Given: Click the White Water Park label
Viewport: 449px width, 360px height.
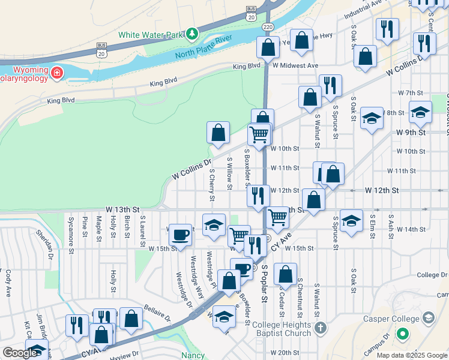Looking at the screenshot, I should [x=149, y=34].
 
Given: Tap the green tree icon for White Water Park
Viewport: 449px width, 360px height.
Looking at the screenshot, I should [x=191, y=34].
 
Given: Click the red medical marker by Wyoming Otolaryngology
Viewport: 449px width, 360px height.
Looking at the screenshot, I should [x=57, y=74].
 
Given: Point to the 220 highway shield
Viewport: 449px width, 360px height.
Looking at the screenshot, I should [x=269, y=27].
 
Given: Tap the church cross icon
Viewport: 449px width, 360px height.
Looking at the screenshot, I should [x=321, y=328].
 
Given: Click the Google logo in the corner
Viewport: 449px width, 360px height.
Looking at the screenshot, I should [x=19, y=353].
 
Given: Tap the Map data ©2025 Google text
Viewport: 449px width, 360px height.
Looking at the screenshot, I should [x=412, y=355].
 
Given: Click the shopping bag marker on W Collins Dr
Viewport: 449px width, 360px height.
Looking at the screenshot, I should [x=218, y=133].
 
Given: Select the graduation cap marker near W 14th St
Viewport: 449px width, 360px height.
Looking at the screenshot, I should [x=351, y=220].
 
